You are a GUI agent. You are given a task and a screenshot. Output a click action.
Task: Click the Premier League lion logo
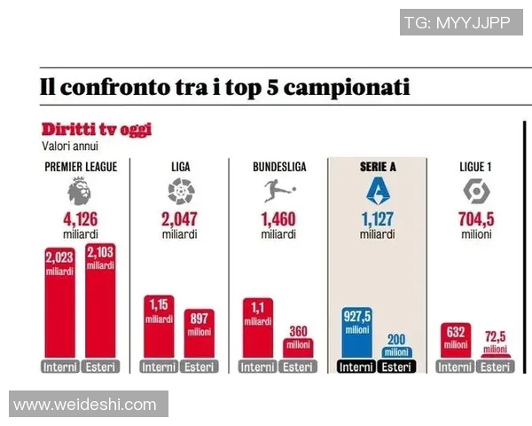coord(80,191)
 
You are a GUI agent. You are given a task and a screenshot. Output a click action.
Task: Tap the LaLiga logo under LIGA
coord(180,191)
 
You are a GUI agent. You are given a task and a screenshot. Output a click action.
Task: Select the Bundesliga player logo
coord(278,191)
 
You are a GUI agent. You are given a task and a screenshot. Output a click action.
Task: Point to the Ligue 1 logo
coord(473,191)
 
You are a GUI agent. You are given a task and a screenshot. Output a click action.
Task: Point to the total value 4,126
coord(80,219)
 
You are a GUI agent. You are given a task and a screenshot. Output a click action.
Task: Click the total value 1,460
coord(278,219)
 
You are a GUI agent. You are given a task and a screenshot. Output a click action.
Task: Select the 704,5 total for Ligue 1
coord(475,219)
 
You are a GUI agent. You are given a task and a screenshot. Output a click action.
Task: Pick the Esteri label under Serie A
coord(396,367)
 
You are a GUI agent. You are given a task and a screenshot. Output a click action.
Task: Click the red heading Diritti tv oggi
coord(96,130)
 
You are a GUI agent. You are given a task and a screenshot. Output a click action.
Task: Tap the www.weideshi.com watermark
coord(85,405)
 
